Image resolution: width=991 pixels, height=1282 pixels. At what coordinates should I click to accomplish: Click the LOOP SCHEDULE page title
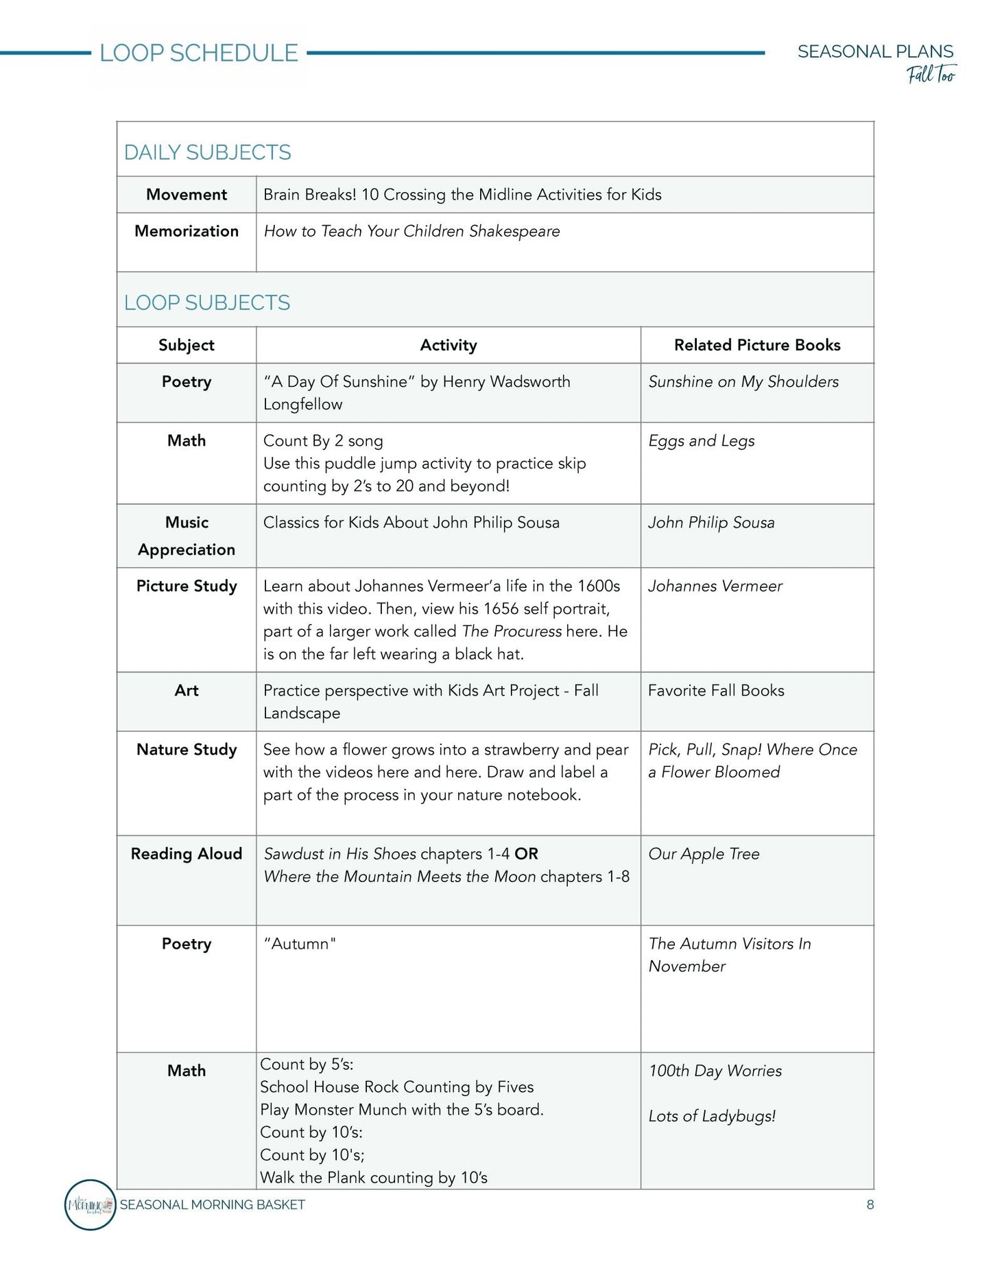[199, 53]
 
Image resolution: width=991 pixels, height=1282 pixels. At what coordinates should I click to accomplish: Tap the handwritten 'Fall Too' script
[931, 74]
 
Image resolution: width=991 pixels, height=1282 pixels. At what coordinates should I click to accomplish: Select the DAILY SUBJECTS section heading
[207, 152]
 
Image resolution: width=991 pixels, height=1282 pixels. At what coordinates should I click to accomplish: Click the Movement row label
[187, 195]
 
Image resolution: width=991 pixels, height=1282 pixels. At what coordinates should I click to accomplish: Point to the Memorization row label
[187, 231]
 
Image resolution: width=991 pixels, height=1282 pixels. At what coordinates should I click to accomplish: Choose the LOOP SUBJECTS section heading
[207, 302]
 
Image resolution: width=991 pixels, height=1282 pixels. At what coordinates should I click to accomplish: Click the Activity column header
[449, 345]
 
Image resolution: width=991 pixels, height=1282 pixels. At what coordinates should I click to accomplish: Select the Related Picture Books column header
[757, 345]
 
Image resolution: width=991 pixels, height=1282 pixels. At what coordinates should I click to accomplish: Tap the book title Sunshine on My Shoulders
[743, 382]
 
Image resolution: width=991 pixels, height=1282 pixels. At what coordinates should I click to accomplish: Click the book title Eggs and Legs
[702, 441]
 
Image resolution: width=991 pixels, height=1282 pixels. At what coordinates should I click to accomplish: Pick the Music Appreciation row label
[187, 536]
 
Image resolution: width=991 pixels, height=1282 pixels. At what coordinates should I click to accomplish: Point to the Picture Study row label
[187, 586]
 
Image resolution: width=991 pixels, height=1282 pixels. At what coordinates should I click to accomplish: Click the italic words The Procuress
[512, 631]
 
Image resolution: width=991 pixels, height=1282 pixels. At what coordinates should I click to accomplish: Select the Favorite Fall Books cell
[716, 691]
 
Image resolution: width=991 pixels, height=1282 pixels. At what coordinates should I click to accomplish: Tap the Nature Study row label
[187, 750]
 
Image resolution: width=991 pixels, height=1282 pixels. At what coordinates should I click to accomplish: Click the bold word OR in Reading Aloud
[527, 854]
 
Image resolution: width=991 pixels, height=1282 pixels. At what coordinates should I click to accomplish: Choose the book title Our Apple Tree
[704, 854]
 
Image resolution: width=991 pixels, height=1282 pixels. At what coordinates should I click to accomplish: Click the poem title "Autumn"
[300, 944]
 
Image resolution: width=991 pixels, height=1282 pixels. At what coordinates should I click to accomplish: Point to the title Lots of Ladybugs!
[712, 1116]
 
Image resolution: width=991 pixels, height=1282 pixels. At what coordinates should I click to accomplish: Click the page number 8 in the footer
[870, 1204]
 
